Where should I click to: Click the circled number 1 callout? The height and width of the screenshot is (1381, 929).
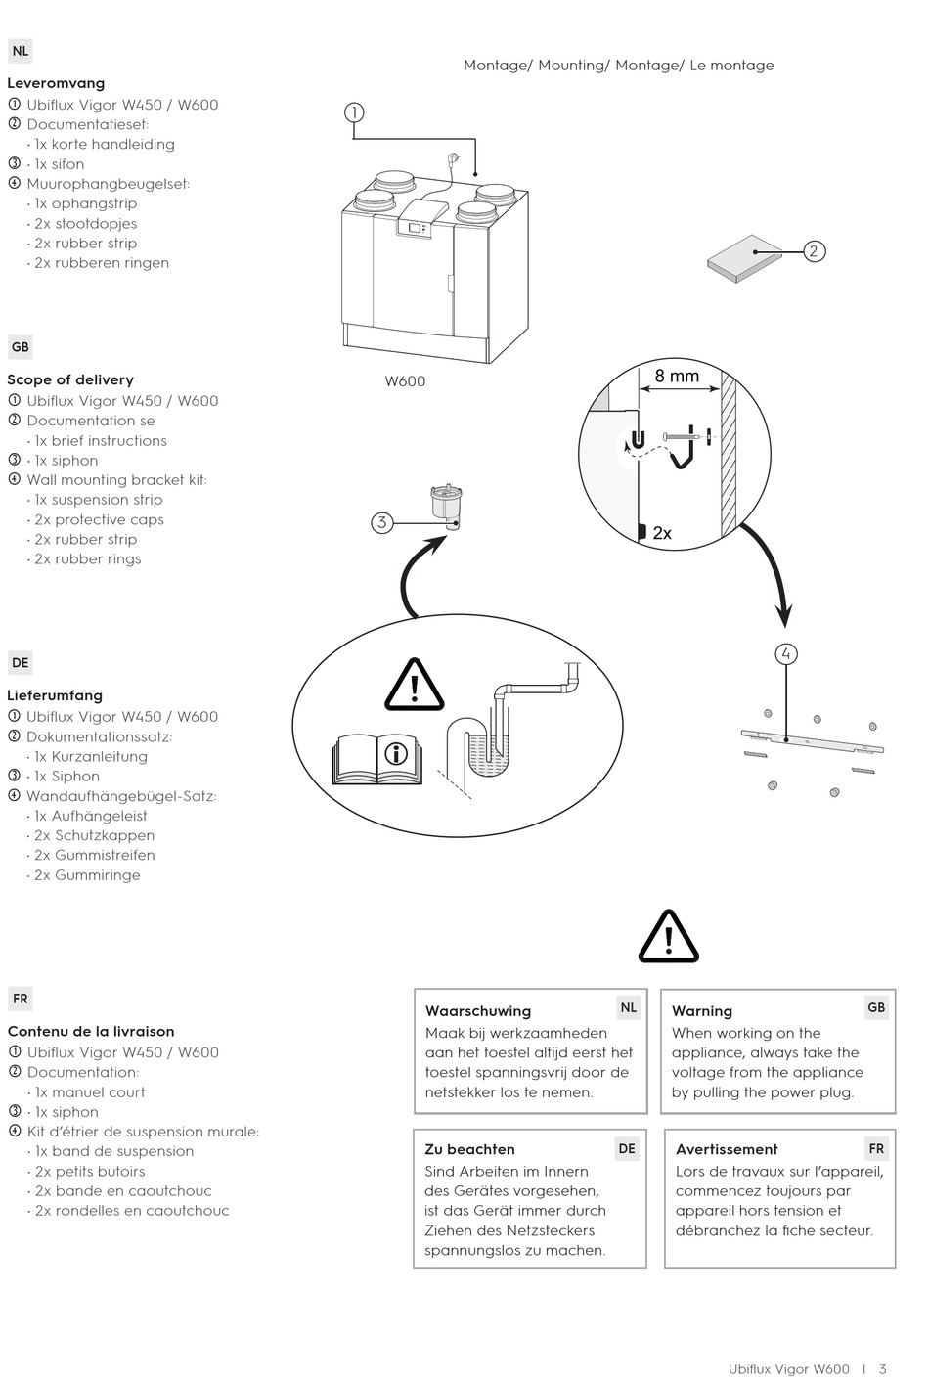[x=354, y=112]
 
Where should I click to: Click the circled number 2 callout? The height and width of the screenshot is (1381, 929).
[x=814, y=251]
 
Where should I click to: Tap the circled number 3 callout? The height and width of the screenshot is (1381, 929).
[x=381, y=522]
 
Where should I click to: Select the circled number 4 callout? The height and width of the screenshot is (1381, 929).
[x=786, y=654]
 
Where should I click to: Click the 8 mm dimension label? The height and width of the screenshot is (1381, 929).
[x=677, y=376]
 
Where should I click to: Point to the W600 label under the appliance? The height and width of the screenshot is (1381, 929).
[x=405, y=381]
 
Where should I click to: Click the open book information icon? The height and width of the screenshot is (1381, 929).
[x=377, y=757]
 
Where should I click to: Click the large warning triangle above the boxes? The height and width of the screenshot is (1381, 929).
[x=669, y=938]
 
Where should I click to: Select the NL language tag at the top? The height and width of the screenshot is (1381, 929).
[x=21, y=51]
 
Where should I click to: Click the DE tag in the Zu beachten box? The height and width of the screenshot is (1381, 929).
[x=627, y=1149]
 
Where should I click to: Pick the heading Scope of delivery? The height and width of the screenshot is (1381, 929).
[x=70, y=379]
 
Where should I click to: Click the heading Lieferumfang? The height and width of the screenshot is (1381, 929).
[x=55, y=695]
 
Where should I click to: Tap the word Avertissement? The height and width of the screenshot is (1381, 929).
[x=727, y=1149]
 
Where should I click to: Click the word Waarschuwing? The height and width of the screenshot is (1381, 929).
[x=478, y=1011]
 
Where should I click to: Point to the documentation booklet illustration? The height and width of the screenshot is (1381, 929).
[x=745, y=258]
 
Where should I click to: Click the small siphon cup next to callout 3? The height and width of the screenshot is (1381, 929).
[x=445, y=506]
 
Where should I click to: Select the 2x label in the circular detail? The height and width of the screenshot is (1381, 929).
[x=662, y=533]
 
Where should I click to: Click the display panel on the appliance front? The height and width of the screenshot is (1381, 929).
[x=415, y=228]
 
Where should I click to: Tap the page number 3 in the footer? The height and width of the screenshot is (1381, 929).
[x=883, y=1369]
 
